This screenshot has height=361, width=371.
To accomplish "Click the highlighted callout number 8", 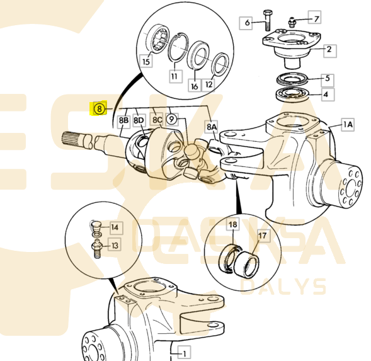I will click(x=99, y=108).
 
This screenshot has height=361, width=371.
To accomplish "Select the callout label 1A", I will click(x=348, y=125).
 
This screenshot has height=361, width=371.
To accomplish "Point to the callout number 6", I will click(x=246, y=23).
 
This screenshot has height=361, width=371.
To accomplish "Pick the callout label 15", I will click(x=146, y=61).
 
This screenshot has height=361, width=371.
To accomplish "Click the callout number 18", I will click(x=233, y=224).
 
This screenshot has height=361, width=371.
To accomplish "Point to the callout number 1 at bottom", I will click(x=184, y=350).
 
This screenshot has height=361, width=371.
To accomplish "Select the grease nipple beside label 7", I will click(x=294, y=22).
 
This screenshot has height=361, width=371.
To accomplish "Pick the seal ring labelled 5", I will click(x=292, y=81).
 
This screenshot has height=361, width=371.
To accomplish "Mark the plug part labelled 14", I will click(x=95, y=225).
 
